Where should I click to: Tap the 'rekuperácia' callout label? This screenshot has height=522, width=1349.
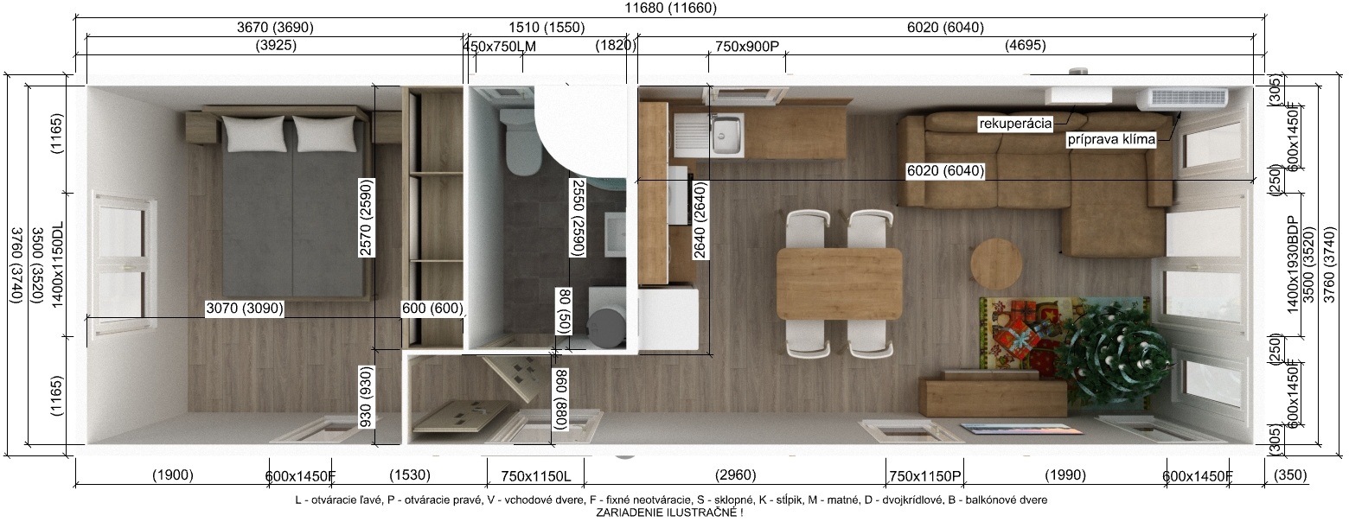click(x=1015, y=124)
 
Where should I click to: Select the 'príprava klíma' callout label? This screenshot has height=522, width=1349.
click(x=1111, y=140)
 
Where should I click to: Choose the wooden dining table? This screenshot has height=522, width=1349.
click(x=840, y=283)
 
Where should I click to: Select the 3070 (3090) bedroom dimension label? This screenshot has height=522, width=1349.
click(x=244, y=309)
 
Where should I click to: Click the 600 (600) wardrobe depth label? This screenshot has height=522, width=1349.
click(x=432, y=309)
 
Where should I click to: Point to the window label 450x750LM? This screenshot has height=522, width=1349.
click(x=499, y=47)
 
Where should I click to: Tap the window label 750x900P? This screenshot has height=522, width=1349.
click(x=747, y=47)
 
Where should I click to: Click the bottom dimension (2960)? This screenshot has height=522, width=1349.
click(x=735, y=475)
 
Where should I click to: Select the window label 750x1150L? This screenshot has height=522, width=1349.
click(x=535, y=476)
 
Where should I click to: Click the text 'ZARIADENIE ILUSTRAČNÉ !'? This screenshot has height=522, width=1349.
click(x=669, y=513)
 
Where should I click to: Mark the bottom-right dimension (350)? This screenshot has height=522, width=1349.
click(x=1290, y=475)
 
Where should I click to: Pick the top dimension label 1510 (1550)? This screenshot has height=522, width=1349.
click(x=547, y=27)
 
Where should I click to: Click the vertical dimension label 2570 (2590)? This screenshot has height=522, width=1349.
click(x=366, y=217)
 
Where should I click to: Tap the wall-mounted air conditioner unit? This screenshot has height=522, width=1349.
click(x=1181, y=99)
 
